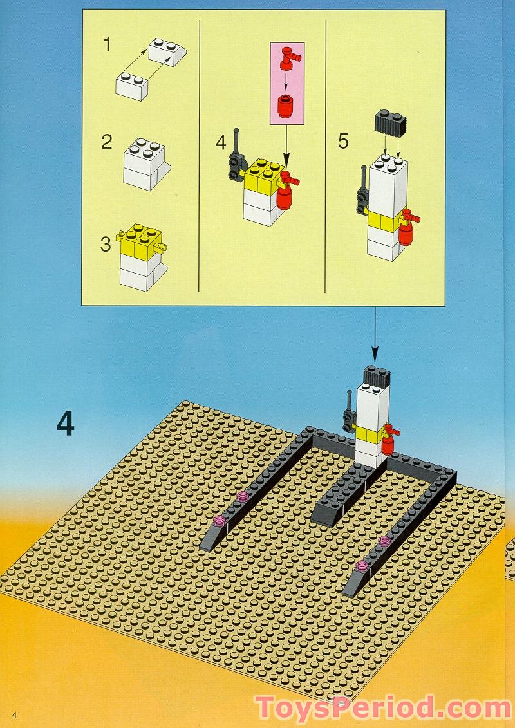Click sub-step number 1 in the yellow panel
point(108,45)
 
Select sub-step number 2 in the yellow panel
point(107,141)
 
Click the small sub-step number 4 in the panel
point(221,142)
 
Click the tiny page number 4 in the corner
point(13,714)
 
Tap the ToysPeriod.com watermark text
point(384,708)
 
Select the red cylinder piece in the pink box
point(284,106)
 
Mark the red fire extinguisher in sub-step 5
point(406,231)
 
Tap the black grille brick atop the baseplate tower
point(376,376)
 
